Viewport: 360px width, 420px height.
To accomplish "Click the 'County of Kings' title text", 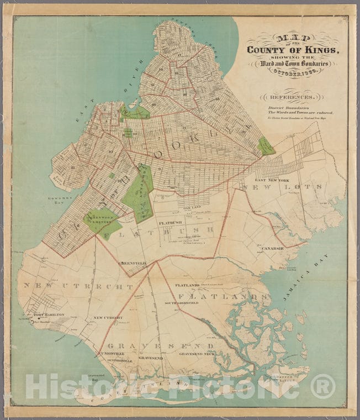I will [x=293, y=50].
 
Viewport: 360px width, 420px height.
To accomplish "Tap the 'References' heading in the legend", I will [x=292, y=96].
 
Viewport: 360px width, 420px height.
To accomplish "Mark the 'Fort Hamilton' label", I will [x=49, y=315].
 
